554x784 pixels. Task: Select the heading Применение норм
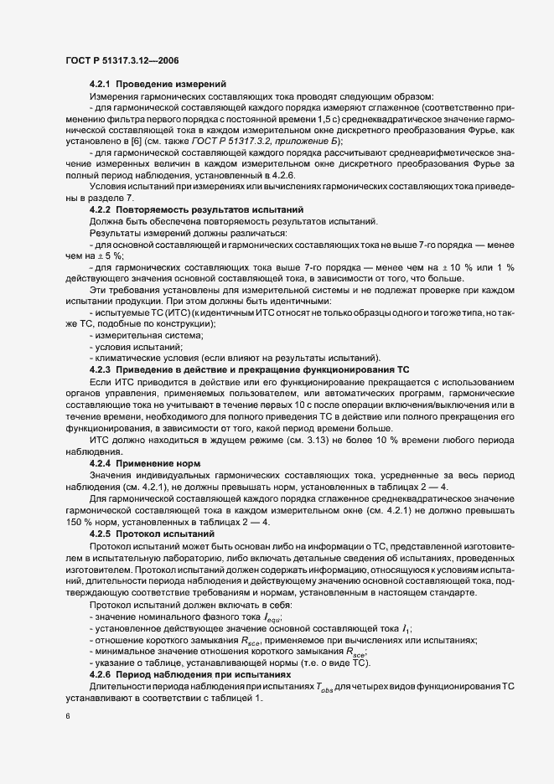[x=160, y=462]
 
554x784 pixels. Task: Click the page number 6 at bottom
[x=67, y=717]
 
